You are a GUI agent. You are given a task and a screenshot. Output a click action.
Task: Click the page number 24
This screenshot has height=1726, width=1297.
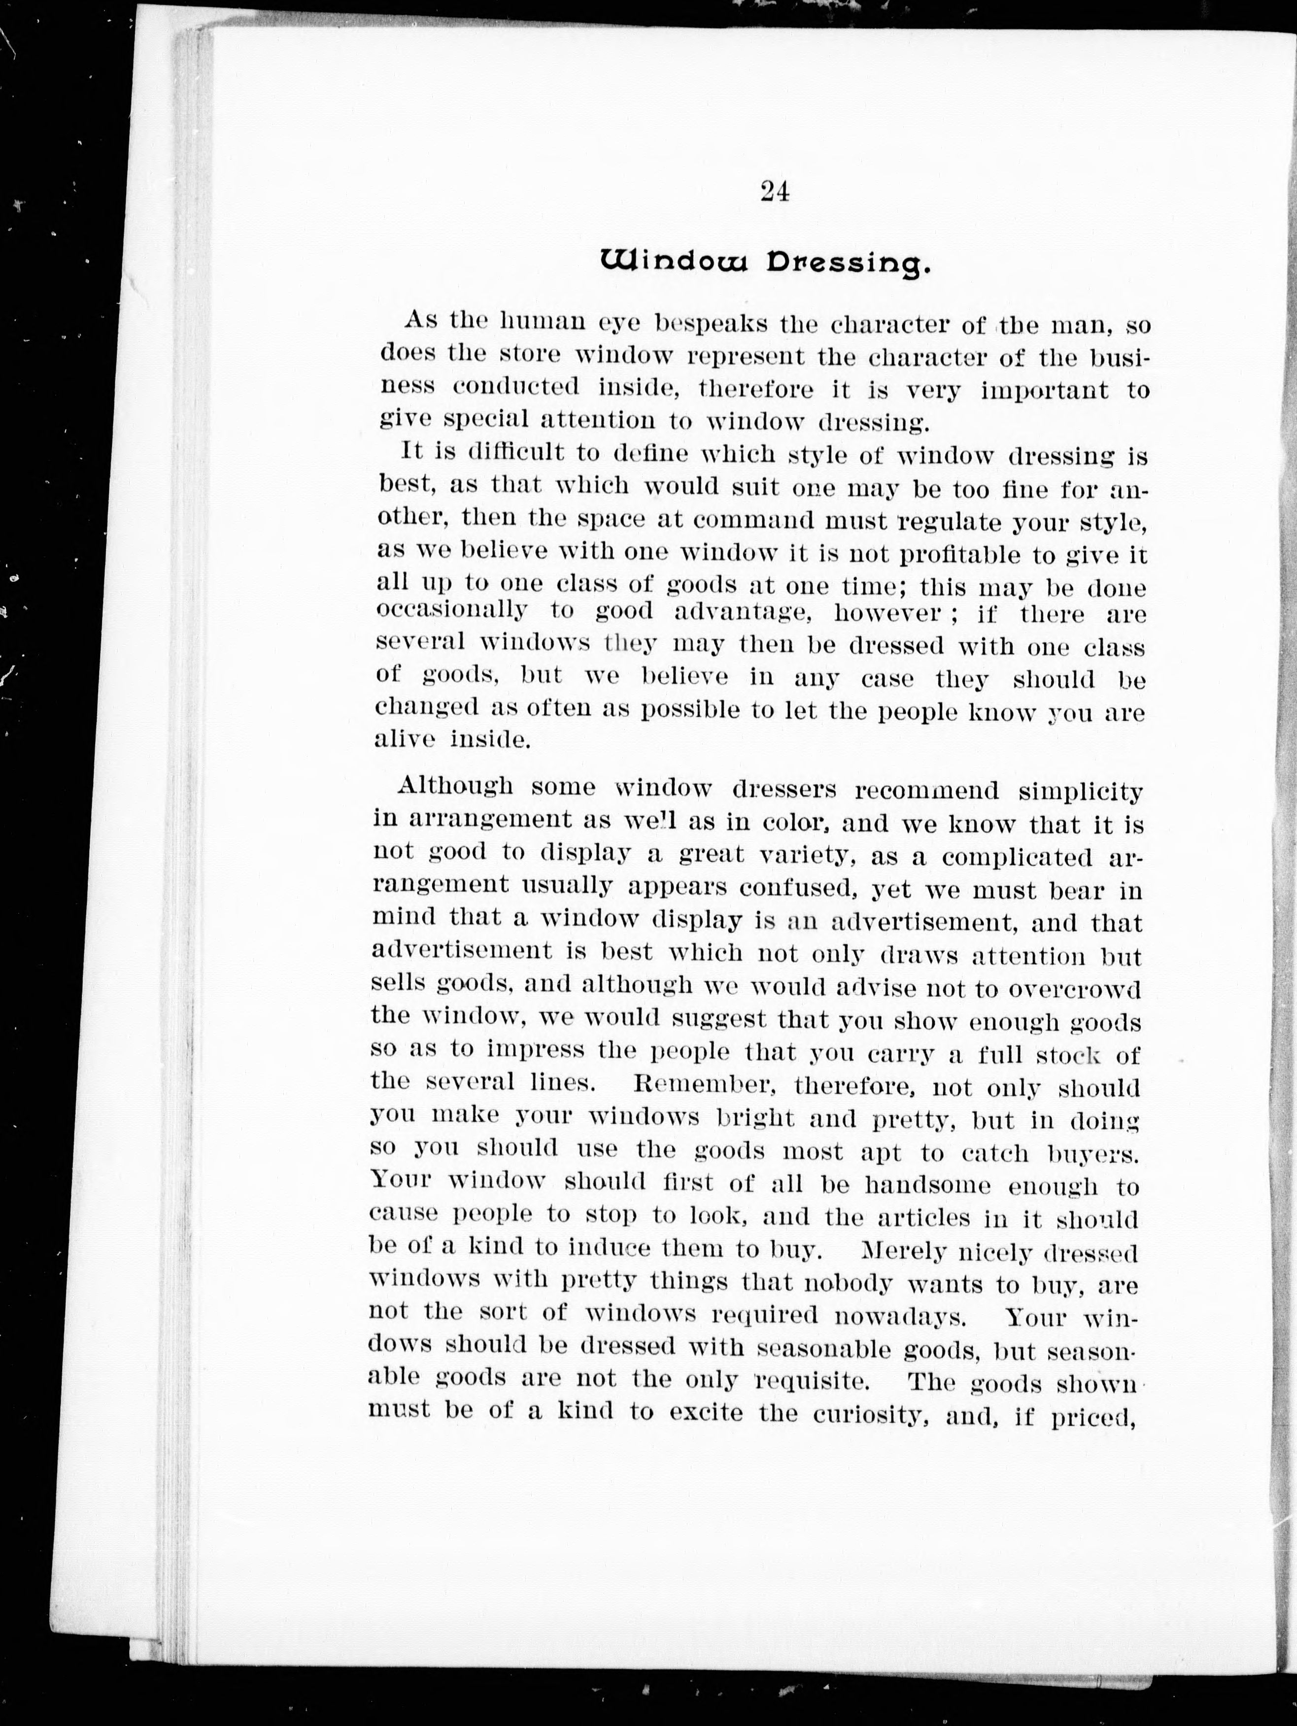coord(774,192)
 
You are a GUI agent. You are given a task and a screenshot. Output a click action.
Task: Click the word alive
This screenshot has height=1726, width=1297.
coord(405,740)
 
